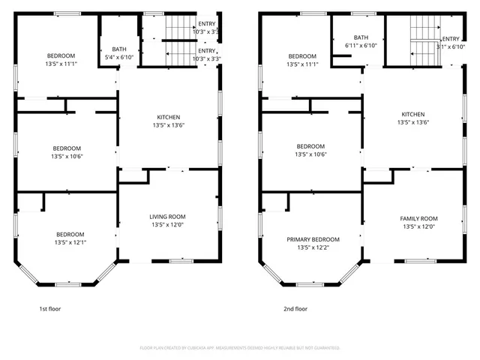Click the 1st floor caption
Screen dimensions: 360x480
50,308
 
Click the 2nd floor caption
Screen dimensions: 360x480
295,308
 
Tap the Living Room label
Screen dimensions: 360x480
168,217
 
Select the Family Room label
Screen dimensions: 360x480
418,218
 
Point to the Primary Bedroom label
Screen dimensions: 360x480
313,239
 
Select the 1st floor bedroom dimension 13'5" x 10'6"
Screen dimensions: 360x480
66,157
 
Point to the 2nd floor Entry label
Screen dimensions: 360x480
451,39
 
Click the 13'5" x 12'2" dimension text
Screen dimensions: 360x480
313,247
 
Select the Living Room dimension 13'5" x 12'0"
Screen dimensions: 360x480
168,225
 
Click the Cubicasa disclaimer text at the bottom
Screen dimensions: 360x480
240,348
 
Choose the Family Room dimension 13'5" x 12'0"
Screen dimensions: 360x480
418,226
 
